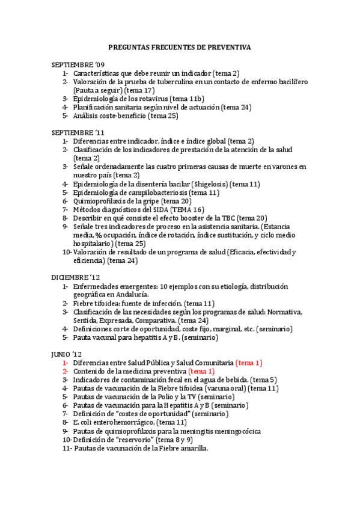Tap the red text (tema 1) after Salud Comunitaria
(249, 363)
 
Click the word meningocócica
(238, 431)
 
